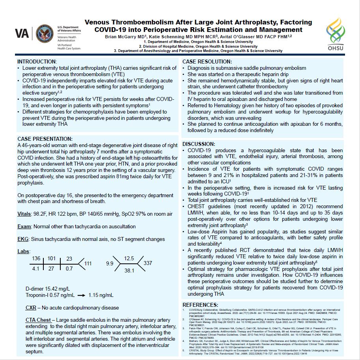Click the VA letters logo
pyautogui.click(x=22, y=34)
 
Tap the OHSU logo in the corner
pyautogui.click(x=337, y=34)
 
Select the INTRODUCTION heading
pyautogui.click(x=37, y=62)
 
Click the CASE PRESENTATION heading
pyautogui.click(x=45, y=139)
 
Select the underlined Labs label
pyautogui.click(x=24, y=251)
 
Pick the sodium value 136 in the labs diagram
pyautogui.click(x=36, y=258)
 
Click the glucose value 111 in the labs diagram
pyautogui.click(x=88, y=263)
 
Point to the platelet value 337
pyautogui.click(x=148, y=263)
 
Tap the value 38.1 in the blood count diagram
pyautogui.click(x=129, y=270)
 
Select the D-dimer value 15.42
pyautogui.click(x=53, y=288)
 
